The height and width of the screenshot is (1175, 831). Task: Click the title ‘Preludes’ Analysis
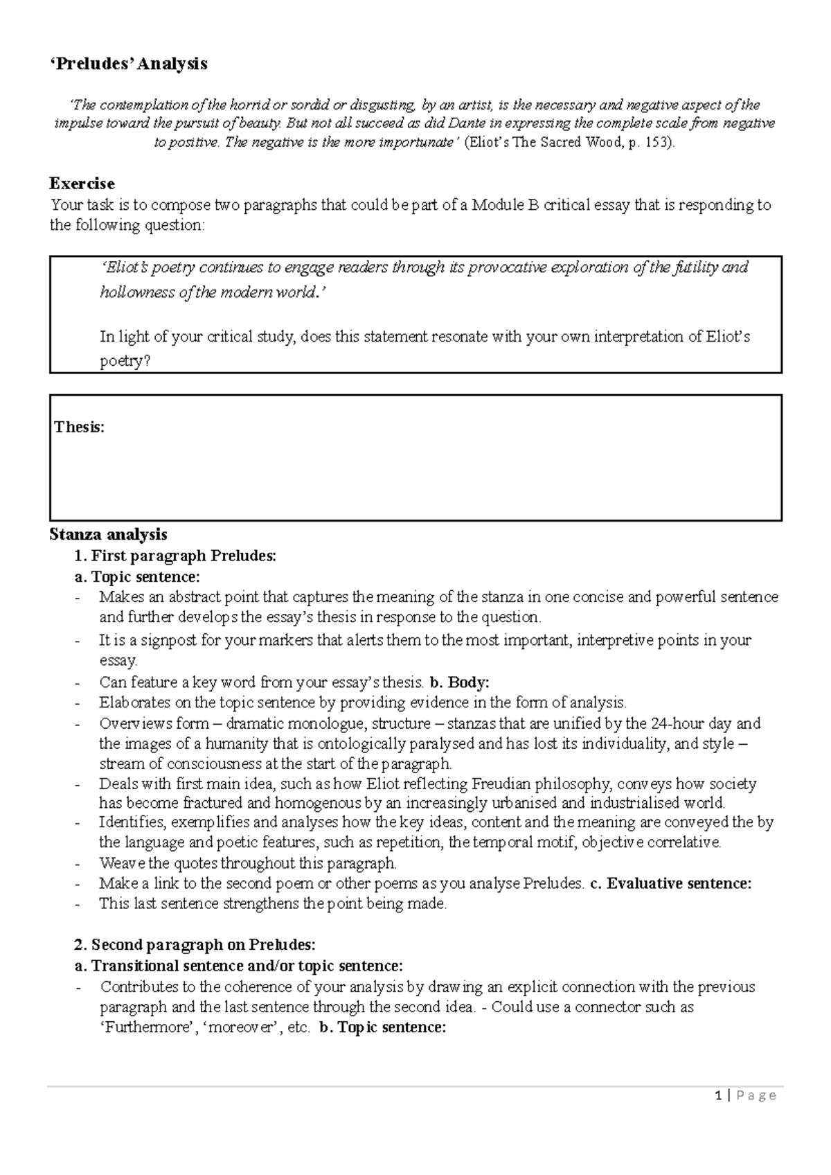pos(128,64)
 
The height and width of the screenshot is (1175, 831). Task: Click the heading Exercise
pos(82,184)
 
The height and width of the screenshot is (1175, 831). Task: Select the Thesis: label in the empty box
pos(79,427)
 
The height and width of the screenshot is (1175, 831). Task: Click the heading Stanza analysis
pos(108,534)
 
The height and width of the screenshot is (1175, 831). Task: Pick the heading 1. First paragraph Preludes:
pos(175,556)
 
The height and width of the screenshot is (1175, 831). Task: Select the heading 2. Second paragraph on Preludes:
pos(195,945)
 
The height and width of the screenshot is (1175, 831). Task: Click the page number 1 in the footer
pos(720,1095)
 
